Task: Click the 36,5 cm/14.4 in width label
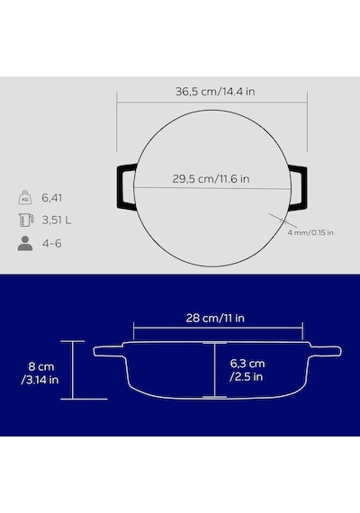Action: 215,91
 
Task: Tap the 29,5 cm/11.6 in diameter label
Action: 211,178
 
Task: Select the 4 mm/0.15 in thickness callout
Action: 310,232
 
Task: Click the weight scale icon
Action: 25,198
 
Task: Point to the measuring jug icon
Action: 26,220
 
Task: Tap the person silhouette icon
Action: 25,243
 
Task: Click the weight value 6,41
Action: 51,198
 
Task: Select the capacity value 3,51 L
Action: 57,220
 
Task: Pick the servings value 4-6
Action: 51,243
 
